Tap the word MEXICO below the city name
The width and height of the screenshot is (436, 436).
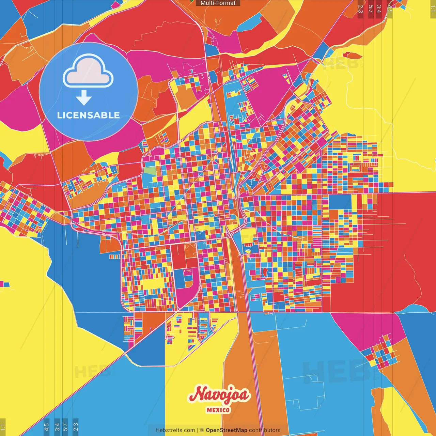(218, 410)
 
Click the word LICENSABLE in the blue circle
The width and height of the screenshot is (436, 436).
(89, 115)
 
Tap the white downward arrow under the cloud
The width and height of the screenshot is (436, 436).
(84, 98)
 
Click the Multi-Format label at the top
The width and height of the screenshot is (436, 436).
(218, 3)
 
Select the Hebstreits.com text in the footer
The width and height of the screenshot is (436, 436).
(175, 430)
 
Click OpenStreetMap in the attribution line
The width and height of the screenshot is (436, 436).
(227, 430)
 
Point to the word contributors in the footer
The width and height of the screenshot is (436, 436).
(265, 430)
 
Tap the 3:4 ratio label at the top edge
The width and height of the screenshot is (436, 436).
(379, 9)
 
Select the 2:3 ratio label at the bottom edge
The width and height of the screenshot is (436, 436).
(76, 427)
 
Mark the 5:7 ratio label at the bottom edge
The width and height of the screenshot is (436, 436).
(65, 427)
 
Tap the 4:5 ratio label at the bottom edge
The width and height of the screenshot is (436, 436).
(47, 427)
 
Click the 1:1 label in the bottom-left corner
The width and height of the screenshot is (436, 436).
(3, 427)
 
